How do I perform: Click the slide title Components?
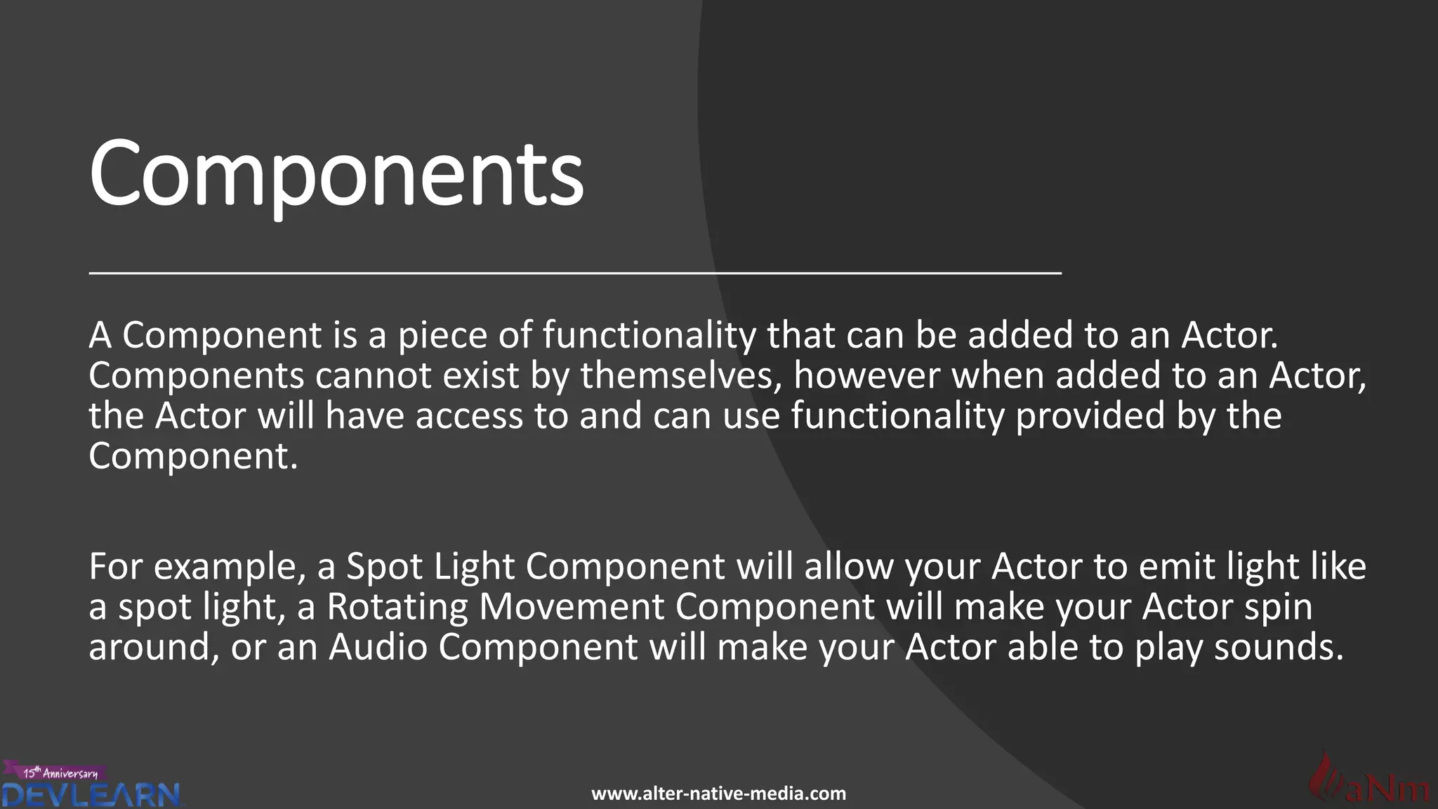336,173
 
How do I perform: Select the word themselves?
681,376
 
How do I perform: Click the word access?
469,416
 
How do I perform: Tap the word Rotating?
397,607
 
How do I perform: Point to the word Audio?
378,647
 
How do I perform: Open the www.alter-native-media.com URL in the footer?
718,794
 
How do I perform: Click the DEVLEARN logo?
91,796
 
